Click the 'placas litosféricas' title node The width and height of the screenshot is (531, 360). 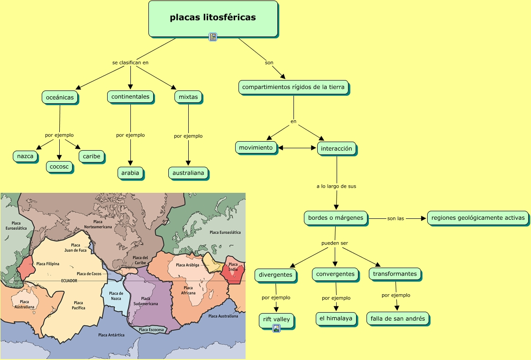coord(213,18)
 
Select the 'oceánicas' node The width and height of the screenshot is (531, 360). coord(60,97)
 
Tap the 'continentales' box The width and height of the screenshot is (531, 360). coord(130,97)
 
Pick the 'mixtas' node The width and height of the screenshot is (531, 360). coord(188,97)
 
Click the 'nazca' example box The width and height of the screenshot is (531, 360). coord(25,156)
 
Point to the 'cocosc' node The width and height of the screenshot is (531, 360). coord(59,166)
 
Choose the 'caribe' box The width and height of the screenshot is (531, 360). coord(92,156)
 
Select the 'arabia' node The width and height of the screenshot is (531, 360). coord(130,173)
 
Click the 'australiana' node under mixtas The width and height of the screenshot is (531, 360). coord(188,173)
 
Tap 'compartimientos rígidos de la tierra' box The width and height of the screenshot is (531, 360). coord(293,87)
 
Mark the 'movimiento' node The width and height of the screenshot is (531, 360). coord(256,147)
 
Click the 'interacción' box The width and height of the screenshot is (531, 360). coord(337,148)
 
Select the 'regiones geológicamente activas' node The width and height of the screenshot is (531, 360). coord(478,218)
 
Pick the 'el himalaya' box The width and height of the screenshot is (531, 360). coord(336,319)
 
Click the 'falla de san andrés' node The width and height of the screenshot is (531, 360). coord(398,319)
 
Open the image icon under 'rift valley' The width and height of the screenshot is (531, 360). coord(276,328)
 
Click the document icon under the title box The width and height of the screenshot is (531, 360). coord(213,37)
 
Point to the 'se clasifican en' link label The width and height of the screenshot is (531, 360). coord(130,63)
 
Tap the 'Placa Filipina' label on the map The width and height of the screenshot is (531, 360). coord(47,263)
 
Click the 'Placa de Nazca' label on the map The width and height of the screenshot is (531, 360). coord(116,296)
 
